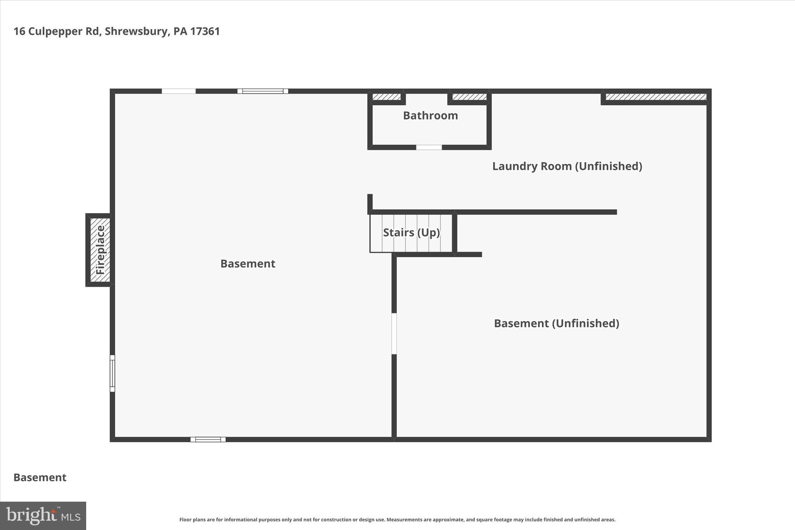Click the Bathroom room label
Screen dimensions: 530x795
(430, 116)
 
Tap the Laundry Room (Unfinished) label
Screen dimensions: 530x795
(567, 166)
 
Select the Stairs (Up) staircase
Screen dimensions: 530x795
(411, 233)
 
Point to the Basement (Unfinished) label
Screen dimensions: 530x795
(556, 323)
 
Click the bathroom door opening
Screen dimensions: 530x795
(429, 148)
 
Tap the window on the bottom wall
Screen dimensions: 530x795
(208, 440)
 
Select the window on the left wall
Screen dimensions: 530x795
(112, 373)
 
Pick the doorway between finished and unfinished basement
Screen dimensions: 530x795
(394, 334)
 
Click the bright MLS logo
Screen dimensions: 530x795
(43, 516)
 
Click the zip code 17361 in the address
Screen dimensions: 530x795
(205, 31)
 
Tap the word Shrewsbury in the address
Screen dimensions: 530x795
(136, 31)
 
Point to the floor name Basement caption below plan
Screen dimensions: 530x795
(40, 478)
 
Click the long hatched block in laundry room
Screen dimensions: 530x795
(656, 97)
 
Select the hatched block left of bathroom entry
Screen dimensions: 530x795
(386, 97)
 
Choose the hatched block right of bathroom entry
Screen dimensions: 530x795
(469, 97)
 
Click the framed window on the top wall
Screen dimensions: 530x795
(263, 91)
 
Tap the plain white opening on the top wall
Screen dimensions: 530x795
(179, 91)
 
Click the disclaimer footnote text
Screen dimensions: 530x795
(397, 520)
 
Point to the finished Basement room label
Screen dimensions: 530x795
(248, 264)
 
